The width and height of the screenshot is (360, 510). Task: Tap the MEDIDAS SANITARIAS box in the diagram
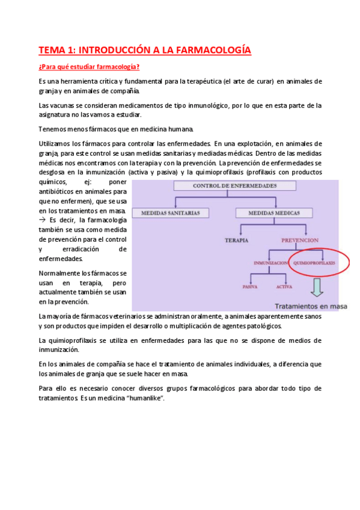pyautogui.click(x=175, y=213)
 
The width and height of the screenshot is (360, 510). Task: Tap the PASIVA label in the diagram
pyautogui.click(x=250, y=287)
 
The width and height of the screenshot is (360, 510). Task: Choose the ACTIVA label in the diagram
pyautogui.click(x=285, y=287)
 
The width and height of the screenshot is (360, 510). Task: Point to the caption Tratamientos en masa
pyautogui.click(x=313, y=306)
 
